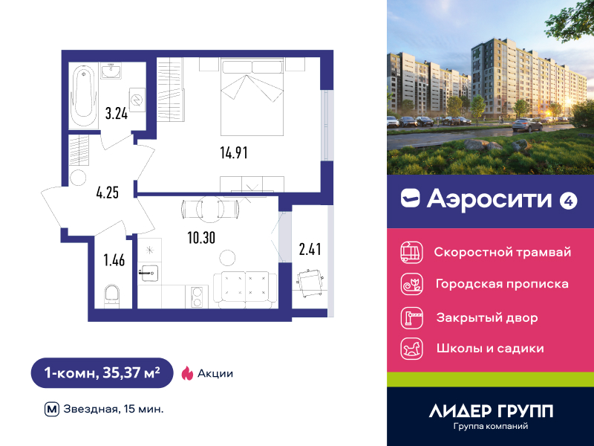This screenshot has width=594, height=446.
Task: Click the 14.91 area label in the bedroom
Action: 234,152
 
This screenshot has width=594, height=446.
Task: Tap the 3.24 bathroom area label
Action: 117,114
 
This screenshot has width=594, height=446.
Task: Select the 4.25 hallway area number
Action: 108,193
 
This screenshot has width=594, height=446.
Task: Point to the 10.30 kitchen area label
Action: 201,238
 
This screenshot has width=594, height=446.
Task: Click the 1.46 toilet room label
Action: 114,260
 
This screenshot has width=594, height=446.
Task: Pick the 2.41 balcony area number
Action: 310,249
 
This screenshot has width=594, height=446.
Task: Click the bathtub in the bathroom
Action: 84,97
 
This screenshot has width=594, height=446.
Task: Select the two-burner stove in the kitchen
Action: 197,297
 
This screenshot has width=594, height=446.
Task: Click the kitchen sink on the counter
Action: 150,273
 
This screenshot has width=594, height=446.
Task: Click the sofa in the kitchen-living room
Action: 246,290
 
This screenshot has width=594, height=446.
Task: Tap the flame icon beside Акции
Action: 187,373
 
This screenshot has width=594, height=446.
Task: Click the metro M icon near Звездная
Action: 52,410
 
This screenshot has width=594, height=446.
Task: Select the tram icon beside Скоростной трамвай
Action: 412,252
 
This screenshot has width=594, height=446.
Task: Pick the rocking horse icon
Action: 412,349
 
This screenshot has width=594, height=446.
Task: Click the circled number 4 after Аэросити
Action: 568,201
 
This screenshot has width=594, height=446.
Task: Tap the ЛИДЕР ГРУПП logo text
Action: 491,411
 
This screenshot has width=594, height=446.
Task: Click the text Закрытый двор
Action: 487,317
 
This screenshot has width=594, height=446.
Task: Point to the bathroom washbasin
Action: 111,71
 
